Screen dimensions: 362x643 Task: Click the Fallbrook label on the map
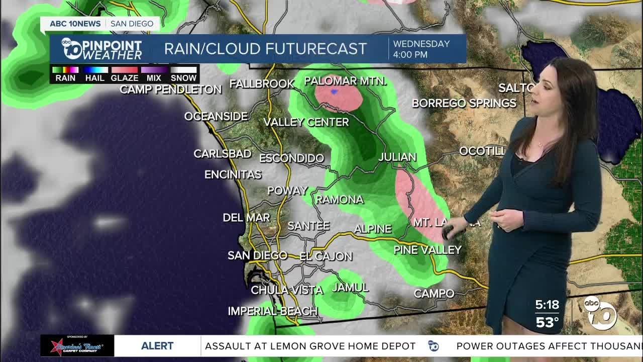(262, 83)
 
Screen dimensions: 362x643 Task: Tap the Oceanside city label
(216, 116)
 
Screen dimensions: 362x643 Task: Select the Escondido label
(291, 158)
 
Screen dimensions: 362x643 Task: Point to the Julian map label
(397, 157)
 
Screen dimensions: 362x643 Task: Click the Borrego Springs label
(464, 103)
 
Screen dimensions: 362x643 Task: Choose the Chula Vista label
(287, 290)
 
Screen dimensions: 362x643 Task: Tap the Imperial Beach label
(272, 311)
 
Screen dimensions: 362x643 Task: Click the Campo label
(434, 293)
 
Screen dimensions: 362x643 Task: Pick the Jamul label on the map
(350, 288)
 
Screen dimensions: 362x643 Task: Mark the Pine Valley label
(427, 249)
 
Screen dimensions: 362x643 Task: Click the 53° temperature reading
(547, 322)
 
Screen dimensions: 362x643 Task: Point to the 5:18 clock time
(547, 305)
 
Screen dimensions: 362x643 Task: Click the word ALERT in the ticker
(157, 346)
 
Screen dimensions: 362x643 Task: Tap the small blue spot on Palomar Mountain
(335, 92)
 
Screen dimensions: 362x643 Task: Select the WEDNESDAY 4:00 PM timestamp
(421, 49)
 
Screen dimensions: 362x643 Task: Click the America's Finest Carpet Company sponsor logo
(77, 346)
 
